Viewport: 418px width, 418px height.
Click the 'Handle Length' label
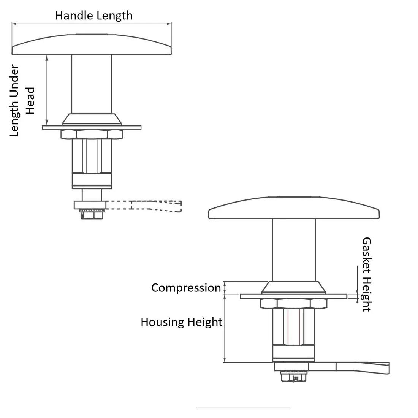tap(94, 16)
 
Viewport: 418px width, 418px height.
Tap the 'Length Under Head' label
tap(22, 101)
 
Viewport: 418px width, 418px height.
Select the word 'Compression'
tap(186, 288)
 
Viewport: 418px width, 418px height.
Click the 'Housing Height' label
tap(181, 322)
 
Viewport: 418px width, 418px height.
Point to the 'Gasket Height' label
tap(366, 274)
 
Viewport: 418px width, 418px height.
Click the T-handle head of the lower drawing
tap(294, 208)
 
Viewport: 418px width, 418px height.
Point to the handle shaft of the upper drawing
tap(92, 84)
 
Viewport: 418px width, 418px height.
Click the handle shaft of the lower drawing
tap(294, 249)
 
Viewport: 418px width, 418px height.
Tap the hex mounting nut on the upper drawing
tap(92, 135)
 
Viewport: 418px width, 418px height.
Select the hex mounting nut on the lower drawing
tap(294, 303)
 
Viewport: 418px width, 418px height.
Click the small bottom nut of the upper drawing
tap(92, 215)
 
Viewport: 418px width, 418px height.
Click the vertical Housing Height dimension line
tap(225, 329)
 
